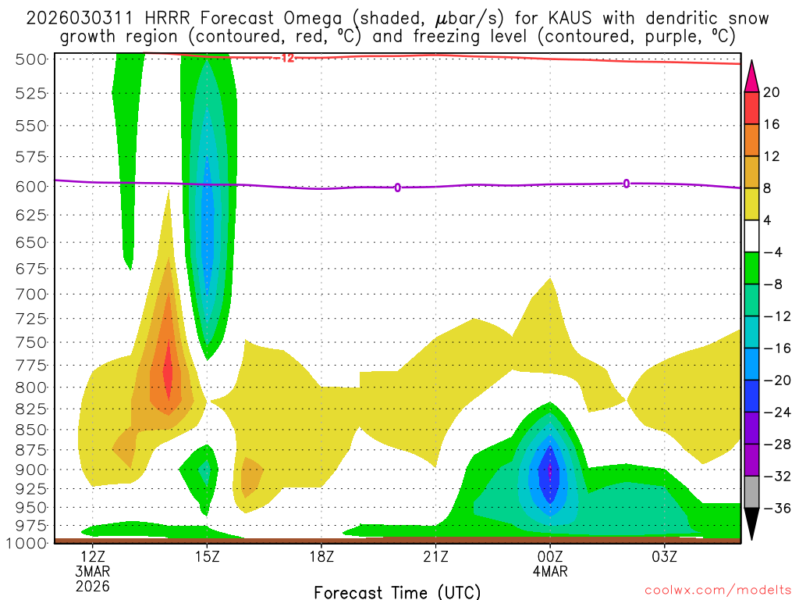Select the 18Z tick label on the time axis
coord(321,556)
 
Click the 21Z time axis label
coord(435,556)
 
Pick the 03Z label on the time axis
coord(664,556)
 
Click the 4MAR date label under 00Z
coord(550,571)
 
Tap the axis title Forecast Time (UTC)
coord(398,591)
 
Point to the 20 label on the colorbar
coord(772,92)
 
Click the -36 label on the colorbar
coord(772,508)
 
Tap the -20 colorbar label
coord(772,380)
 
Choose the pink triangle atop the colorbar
coord(751,75)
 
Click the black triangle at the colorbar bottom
coord(751,524)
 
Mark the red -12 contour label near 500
coord(286,58)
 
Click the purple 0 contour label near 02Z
coord(627,184)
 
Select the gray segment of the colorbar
coord(751,491)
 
